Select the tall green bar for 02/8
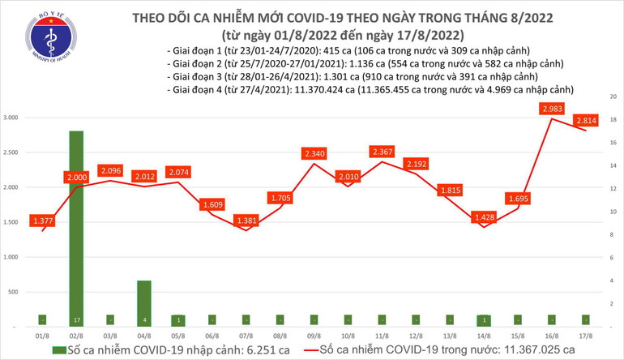(x=75, y=227)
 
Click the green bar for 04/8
(x=143, y=303)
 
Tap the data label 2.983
(x=549, y=109)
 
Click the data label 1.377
(x=41, y=220)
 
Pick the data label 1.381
(x=245, y=220)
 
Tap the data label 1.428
(x=482, y=217)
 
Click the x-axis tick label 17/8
(x=584, y=336)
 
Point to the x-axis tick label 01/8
(x=41, y=336)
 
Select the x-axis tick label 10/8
(x=346, y=336)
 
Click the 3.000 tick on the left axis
(x=11, y=118)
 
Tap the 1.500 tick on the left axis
(x=11, y=222)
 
